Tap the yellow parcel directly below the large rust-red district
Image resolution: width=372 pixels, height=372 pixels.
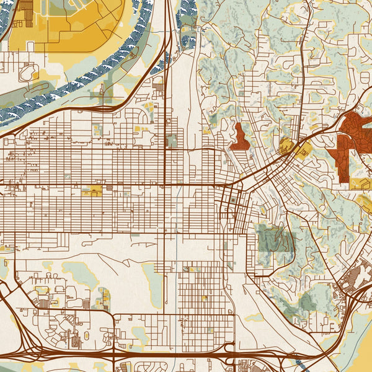pos(360,184)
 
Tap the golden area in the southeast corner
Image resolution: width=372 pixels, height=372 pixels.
pos(356,353)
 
